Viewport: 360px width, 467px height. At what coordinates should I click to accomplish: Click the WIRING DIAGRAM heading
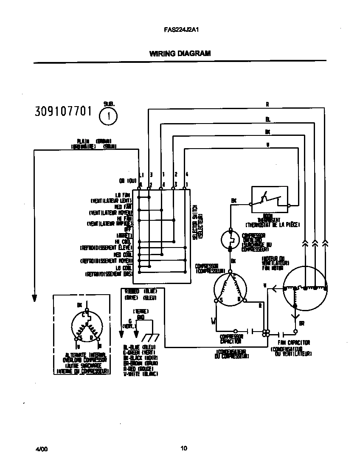[180, 53]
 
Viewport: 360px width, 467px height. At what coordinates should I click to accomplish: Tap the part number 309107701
[63, 112]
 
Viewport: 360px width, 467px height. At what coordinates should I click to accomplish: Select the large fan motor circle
[305, 287]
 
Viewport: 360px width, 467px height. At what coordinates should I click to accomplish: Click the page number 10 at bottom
[183, 448]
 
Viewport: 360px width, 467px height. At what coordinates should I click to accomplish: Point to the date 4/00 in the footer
[41, 448]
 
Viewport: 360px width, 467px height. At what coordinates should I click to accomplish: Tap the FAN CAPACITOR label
[294, 343]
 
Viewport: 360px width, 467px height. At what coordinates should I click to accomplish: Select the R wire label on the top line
[267, 104]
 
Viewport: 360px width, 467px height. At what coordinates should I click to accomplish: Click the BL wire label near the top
[267, 119]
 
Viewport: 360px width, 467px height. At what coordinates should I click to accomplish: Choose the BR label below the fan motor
[301, 323]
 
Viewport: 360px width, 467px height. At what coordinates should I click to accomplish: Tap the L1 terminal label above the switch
[141, 175]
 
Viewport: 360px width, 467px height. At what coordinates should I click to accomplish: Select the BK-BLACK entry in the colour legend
[140, 358]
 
